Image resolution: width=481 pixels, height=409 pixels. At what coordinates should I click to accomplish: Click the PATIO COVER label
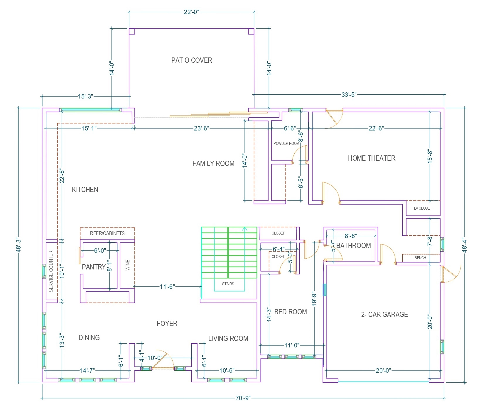191,60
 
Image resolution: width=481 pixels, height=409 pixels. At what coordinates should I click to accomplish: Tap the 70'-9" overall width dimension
243,398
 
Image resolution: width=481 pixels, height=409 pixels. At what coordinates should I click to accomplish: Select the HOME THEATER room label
372,158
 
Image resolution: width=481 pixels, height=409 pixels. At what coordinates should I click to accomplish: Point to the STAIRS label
228,284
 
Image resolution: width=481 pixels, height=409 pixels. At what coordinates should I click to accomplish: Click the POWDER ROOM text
286,144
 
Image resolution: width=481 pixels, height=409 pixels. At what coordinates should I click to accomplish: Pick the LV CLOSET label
423,208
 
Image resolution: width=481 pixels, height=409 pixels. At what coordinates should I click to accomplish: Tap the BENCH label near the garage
420,258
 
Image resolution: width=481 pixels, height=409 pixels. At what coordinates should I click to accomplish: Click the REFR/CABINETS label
107,233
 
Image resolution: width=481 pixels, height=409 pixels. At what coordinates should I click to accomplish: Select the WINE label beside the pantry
127,265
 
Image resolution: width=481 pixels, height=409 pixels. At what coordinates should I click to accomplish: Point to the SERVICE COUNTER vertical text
51,271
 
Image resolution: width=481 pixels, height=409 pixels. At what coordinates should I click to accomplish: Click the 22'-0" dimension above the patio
191,12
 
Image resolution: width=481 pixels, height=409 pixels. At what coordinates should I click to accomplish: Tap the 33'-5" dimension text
349,94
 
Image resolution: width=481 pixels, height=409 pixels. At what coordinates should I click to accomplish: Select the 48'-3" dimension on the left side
18,245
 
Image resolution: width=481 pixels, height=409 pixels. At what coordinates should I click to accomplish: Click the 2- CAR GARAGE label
384,315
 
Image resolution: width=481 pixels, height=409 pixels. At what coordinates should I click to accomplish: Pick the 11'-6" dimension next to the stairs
167,286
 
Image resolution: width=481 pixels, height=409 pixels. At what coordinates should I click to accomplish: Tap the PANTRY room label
94,267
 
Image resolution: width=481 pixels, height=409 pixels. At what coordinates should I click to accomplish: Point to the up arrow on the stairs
245,229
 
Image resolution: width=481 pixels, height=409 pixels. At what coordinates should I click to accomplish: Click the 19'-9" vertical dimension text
314,299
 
